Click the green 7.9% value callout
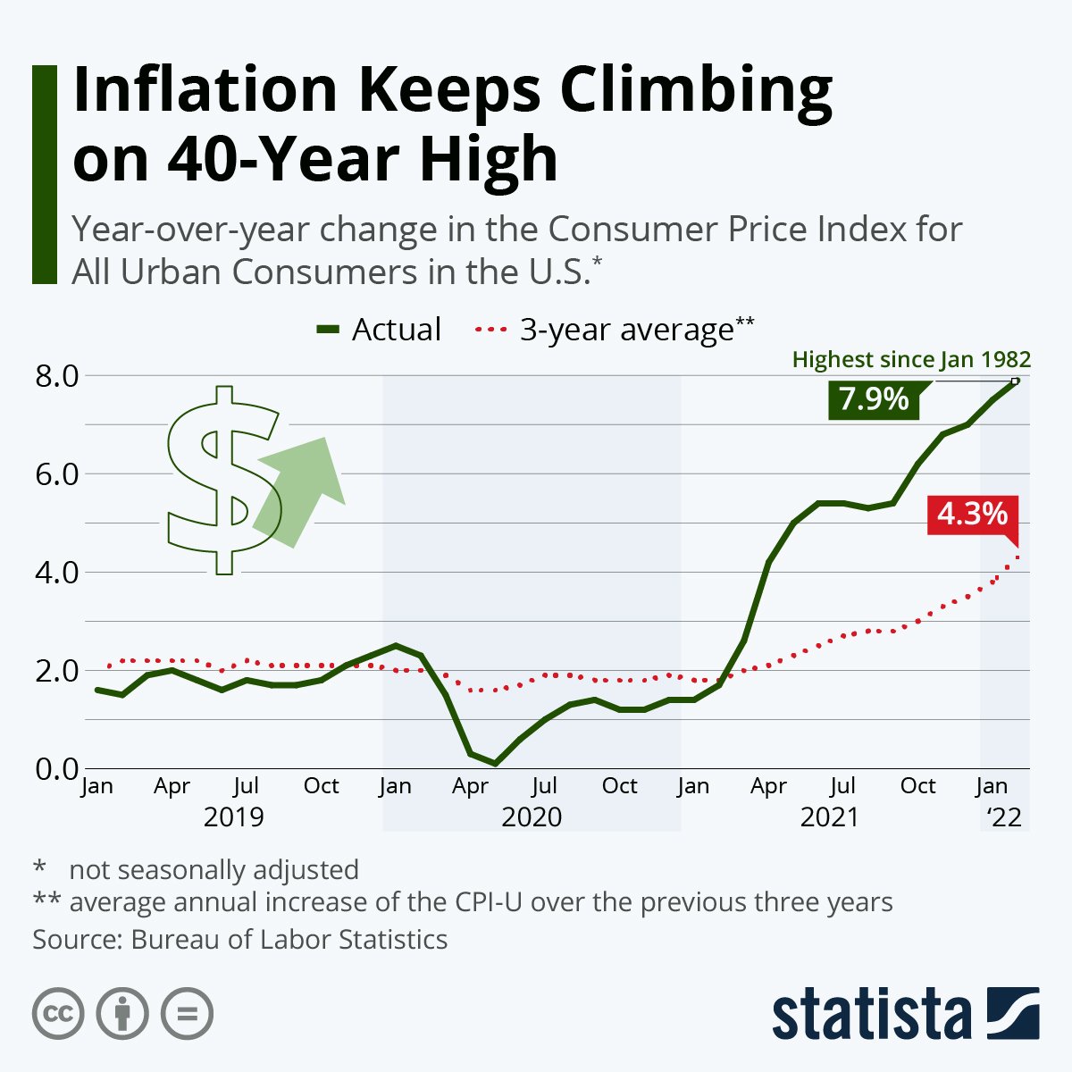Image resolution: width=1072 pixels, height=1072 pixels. coord(873,398)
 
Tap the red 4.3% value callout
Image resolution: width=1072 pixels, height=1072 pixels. coord(972,515)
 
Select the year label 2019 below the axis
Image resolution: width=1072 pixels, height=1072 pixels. coord(234,817)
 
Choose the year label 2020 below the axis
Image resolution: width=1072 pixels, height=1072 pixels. coord(532,817)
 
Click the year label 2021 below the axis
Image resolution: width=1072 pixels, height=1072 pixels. coord(829,817)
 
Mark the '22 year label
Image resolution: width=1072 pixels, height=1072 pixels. coord(1003,817)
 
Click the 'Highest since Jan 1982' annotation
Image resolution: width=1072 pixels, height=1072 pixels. coord(911,360)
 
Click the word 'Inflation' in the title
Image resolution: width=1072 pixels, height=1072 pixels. coord(205,90)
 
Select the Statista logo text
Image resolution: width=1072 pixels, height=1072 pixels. coord(871,1015)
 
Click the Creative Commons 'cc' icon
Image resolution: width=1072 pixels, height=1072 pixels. coord(58,1014)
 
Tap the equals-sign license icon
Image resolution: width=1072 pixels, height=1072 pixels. coord(187,1014)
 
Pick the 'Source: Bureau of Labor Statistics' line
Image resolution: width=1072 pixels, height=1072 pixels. coord(239,940)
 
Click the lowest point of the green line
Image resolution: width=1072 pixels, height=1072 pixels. coord(495,763)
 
